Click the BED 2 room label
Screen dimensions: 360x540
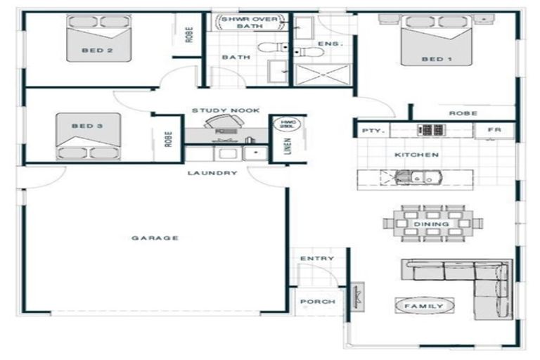97,50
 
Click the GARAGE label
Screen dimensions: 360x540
155,238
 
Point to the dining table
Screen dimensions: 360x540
432,224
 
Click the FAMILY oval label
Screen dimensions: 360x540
424,306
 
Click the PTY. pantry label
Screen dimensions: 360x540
371,131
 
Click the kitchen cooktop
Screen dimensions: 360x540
430,130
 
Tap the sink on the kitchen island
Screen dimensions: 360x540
408,179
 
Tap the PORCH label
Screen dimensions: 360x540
317,302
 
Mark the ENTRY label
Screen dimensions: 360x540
317,259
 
